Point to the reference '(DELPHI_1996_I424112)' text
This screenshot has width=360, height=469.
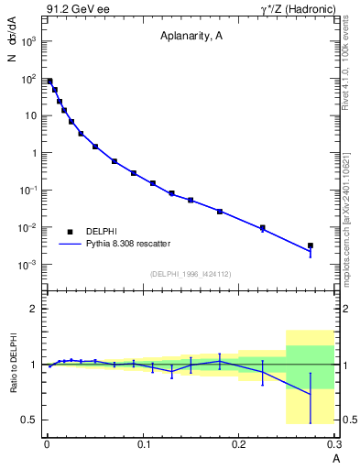191,273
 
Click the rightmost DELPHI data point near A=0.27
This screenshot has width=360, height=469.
311,245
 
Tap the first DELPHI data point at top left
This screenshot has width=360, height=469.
49,82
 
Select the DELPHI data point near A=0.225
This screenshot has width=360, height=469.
263,227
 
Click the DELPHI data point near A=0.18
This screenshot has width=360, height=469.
220,212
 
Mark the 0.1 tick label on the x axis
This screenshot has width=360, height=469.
143,444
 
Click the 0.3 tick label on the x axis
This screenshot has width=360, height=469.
333,444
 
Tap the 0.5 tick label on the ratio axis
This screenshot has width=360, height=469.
29,420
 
